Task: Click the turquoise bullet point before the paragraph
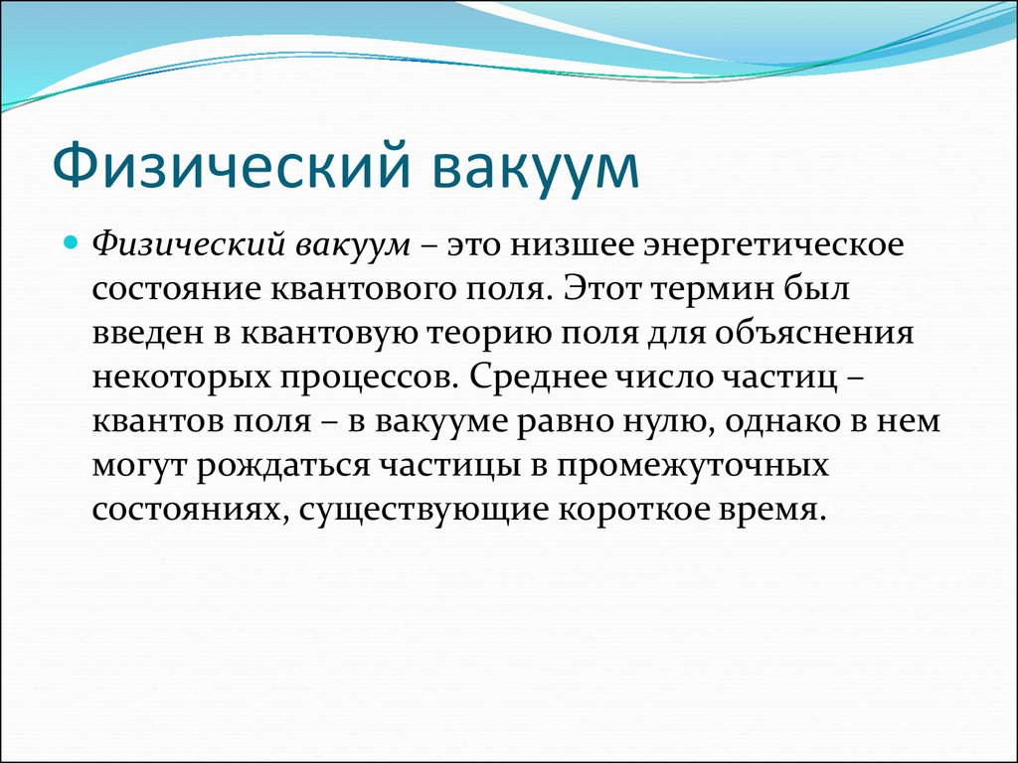(71, 244)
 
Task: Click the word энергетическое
(773, 247)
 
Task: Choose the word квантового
(363, 289)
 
